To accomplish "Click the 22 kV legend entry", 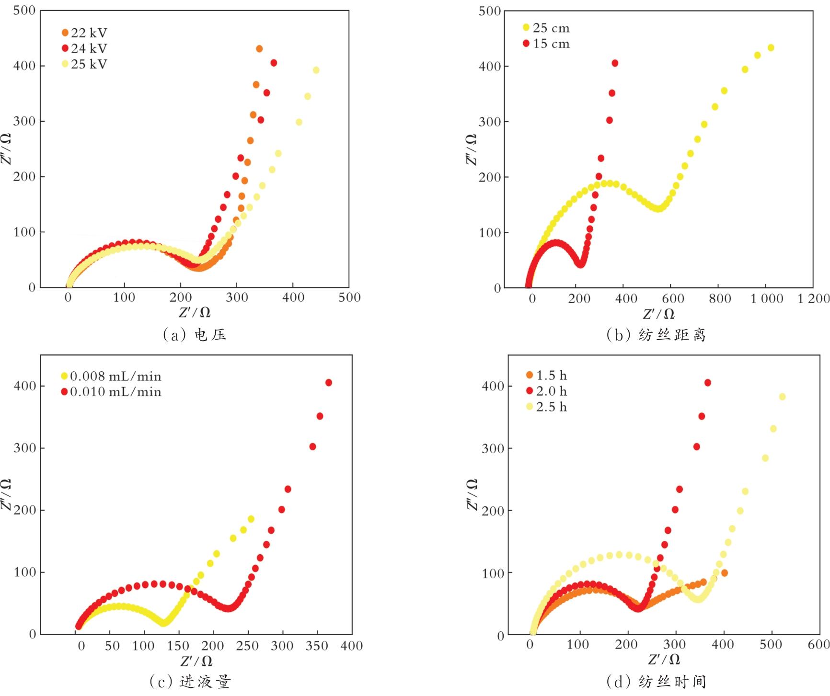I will pyautogui.click(x=84, y=33).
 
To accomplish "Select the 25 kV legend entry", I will pyautogui.click(x=84, y=64).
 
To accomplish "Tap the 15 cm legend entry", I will pyautogui.click(x=546, y=44).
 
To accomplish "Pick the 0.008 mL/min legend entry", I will pyautogui.click(x=111, y=377).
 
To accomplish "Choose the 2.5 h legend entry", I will pyautogui.click(x=546, y=407).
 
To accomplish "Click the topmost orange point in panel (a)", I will pyautogui.click(x=259, y=49).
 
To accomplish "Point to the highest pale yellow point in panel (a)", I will pyautogui.click(x=316, y=70).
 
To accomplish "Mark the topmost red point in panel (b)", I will pyautogui.click(x=615, y=63).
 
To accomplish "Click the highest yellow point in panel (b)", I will pyautogui.click(x=771, y=48).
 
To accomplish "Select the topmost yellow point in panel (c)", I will pyautogui.click(x=251, y=519).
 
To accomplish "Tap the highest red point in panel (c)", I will pyautogui.click(x=329, y=383).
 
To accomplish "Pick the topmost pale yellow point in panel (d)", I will pyautogui.click(x=782, y=397).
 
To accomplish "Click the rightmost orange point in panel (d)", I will pyautogui.click(x=724, y=573).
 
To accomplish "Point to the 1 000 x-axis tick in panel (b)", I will pyautogui.click(x=767, y=299).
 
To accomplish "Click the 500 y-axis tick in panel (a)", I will pyautogui.click(x=24, y=11).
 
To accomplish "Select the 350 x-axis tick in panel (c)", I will pyautogui.click(x=317, y=646).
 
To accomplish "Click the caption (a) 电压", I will pyautogui.click(x=195, y=334).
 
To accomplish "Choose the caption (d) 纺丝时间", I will pyautogui.click(x=656, y=681).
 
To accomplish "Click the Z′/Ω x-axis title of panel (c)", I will pyautogui.click(x=196, y=661).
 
